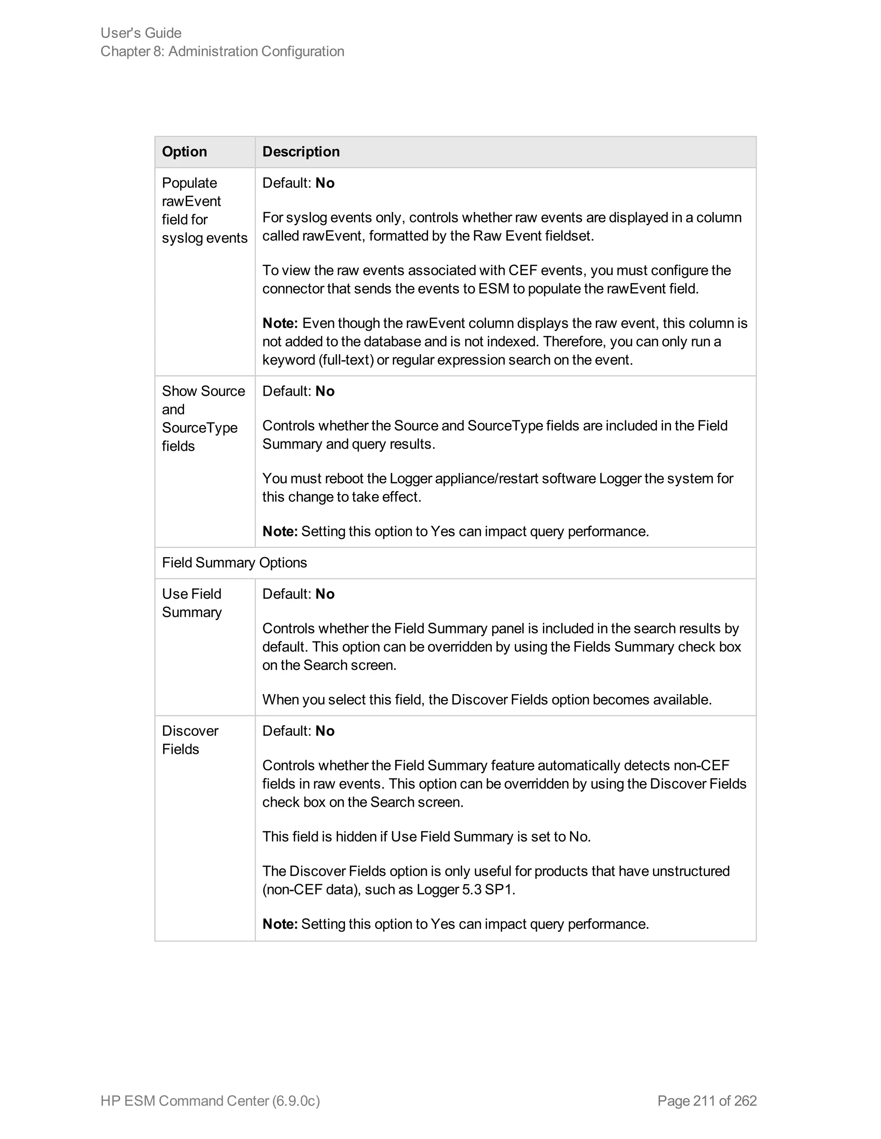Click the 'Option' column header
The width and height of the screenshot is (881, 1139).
pos(184,152)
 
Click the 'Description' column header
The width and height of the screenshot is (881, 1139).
pos(301,152)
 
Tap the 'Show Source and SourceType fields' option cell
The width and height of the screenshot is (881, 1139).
pos(203,419)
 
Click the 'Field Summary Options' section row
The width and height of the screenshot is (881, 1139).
pos(234,563)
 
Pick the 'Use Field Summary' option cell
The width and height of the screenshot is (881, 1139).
pos(191,603)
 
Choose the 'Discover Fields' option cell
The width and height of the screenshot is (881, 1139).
pos(190,740)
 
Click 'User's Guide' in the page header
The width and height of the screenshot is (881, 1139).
pos(141,33)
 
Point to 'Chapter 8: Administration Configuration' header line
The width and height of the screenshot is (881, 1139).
pos(222,51)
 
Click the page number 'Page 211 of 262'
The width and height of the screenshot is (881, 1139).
pos(707,1100)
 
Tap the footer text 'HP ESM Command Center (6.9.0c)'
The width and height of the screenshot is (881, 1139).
pos(210,1100)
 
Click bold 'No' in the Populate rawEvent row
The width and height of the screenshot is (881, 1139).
pos(325,183)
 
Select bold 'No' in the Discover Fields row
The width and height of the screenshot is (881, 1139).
pos(325,731)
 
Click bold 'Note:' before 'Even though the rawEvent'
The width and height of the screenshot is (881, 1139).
pos(280,323)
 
